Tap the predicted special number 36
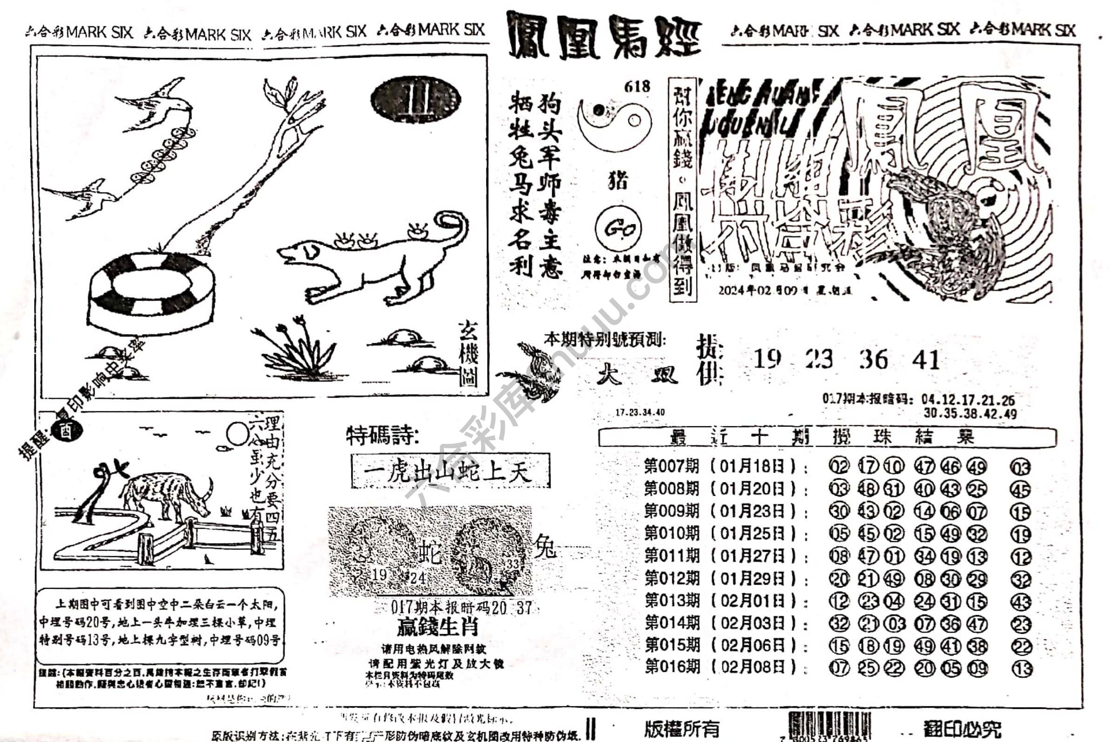tap(873, 360)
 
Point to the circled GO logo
tap(618, 230)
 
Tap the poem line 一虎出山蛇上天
tap(450, 471)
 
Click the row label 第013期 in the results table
tap(672, 600)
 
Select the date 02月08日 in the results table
tap(752, 667)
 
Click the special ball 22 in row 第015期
tap(1021, 647)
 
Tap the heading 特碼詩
tap(382, 436)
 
